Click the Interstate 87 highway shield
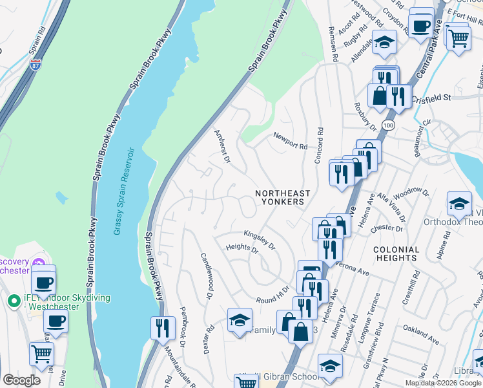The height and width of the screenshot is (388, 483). point(36,65)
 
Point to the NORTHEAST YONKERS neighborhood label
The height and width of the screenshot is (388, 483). point(283,197)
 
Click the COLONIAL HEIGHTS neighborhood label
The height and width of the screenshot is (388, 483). point(396,253)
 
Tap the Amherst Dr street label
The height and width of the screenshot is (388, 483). point(222,145)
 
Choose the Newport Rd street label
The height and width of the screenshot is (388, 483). point(290,140)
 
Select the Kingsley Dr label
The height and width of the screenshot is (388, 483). point(260,240)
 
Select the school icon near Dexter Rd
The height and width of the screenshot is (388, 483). point(240,320)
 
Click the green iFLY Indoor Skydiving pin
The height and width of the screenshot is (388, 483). point(12,301)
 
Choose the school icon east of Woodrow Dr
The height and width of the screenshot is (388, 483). point(459,203)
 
